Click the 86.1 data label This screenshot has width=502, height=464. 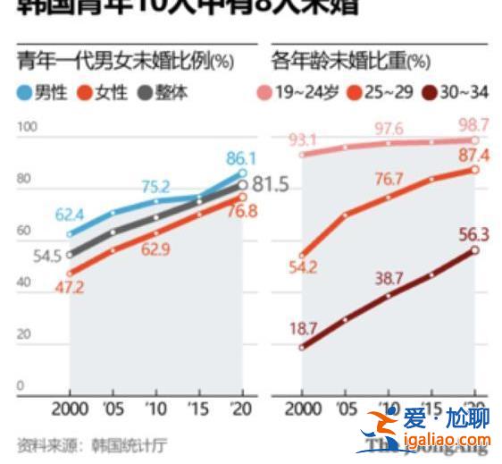(241, 158)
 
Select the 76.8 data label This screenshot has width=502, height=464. (241, 212)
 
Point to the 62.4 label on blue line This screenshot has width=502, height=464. (73, 215)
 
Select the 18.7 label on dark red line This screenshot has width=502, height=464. (303, 328)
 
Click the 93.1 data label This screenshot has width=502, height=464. (303, 139)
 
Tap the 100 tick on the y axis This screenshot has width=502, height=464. (26, 127)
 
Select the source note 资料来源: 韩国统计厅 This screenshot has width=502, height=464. (91, 443)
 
